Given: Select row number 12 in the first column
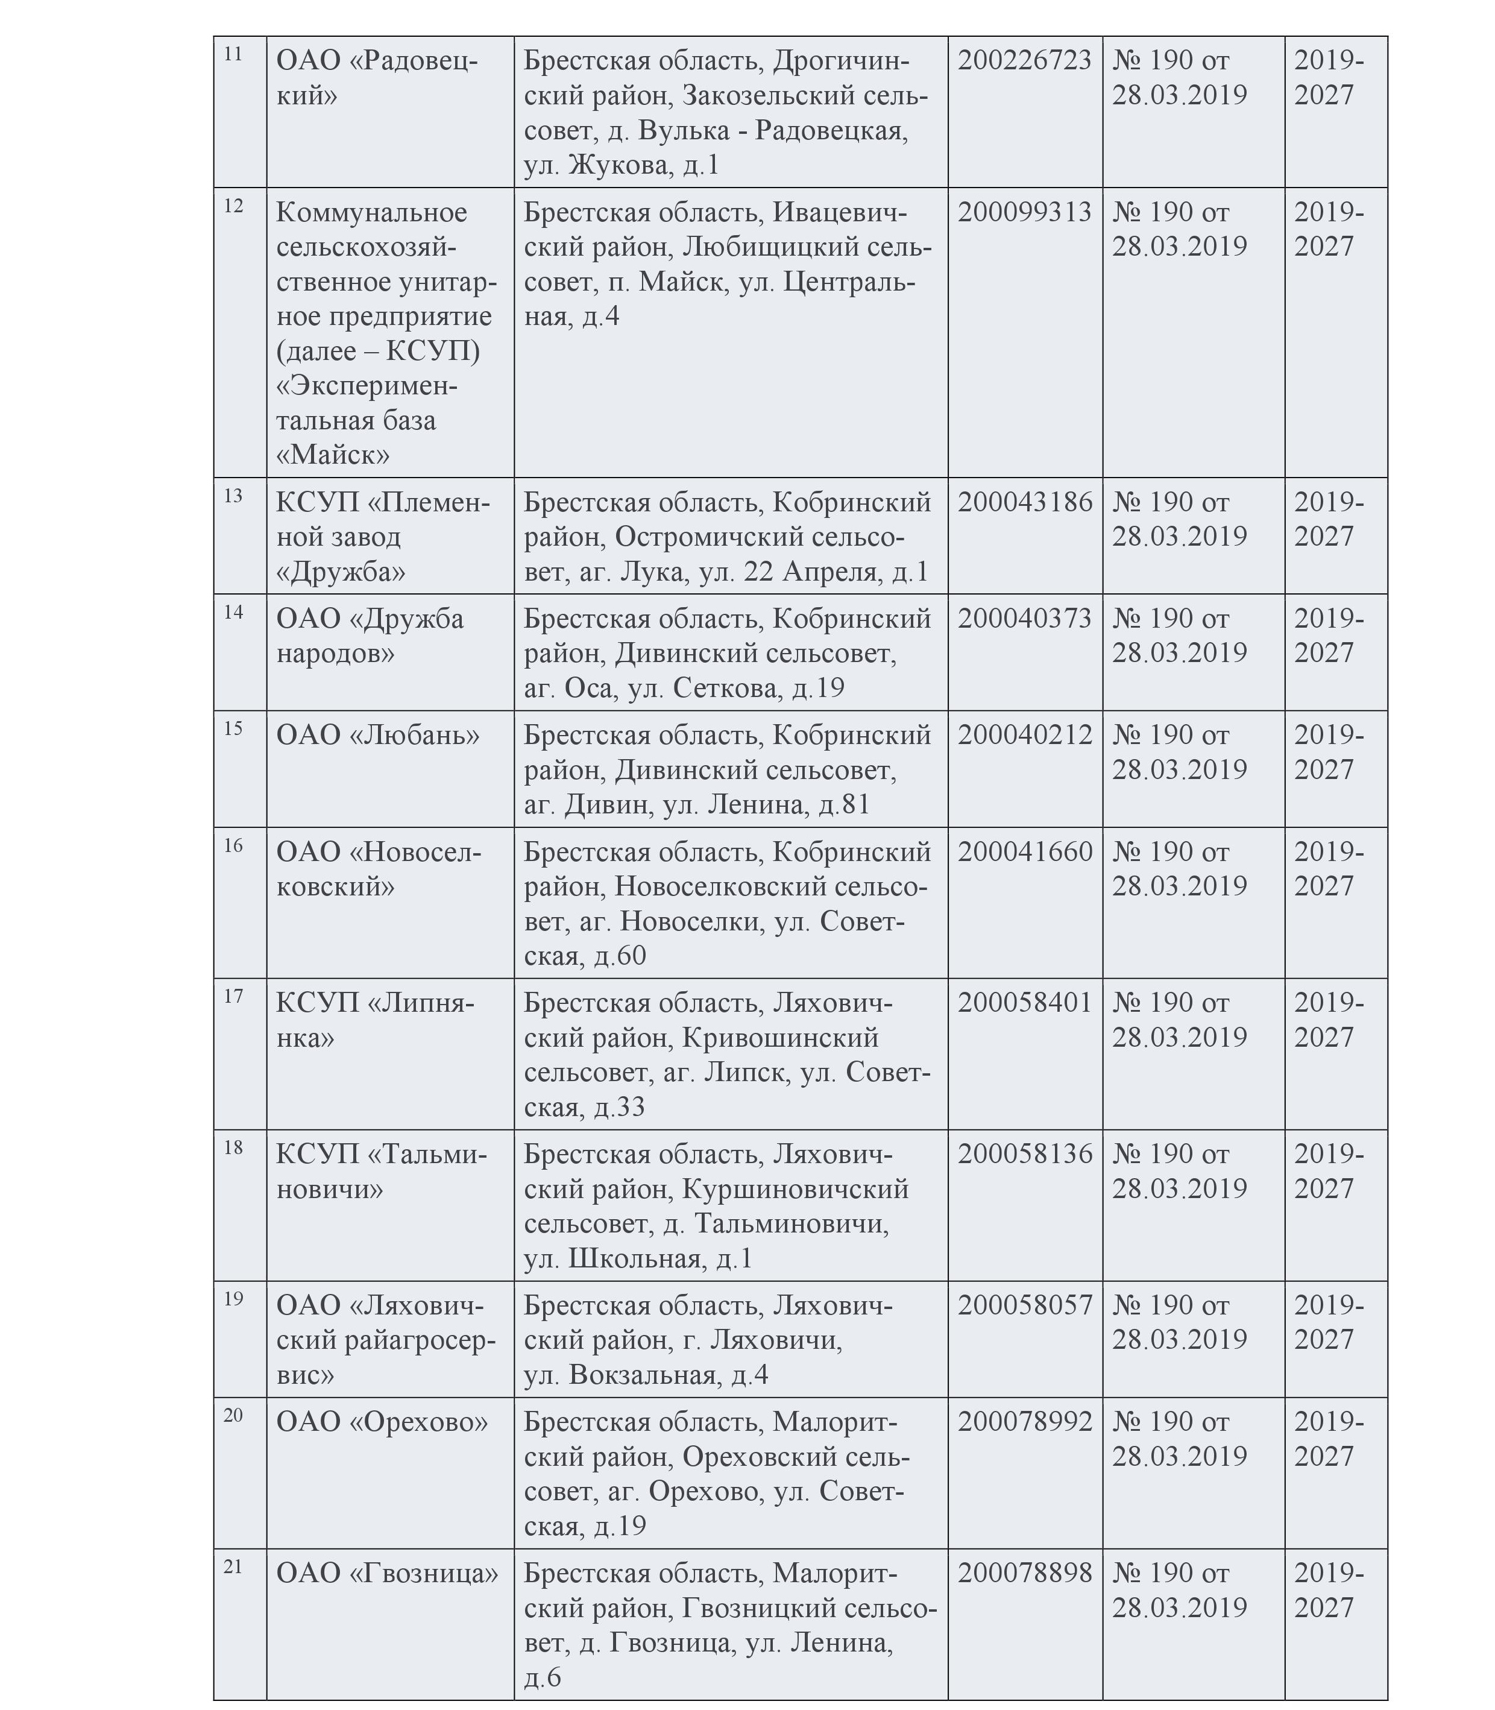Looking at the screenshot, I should point(234,205).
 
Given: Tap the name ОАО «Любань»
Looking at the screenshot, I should point(378,735).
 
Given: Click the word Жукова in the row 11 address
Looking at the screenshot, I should point(619,165).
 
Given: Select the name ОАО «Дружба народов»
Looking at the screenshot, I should point(370,636).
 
